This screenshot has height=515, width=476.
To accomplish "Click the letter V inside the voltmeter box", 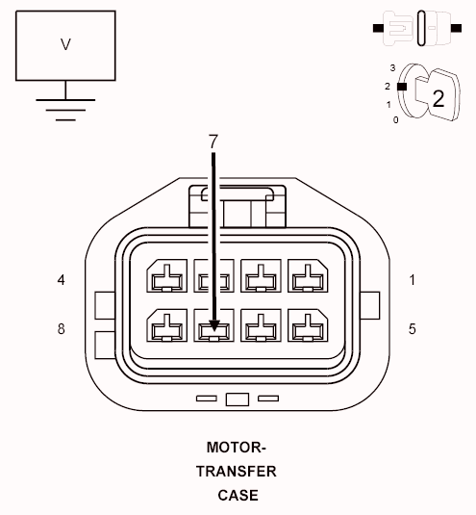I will [x=65, y=44].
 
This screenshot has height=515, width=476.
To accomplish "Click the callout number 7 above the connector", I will [x=213, y=141].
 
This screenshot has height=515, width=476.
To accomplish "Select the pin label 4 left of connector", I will [x=62, y=280].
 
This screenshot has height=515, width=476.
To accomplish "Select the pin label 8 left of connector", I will [x=62, y=328].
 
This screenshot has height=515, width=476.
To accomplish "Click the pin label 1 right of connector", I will [x=412, y=280].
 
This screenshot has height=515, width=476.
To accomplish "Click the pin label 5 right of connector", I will [x=412, y=328].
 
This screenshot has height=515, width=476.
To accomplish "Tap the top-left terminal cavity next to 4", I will [x=164, y=278].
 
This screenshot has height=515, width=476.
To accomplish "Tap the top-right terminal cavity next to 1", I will [x=307, y=278].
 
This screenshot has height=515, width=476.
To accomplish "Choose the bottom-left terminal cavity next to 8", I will [x=164, y=326].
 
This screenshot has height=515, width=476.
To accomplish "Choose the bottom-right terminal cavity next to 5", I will [x=307, y=326].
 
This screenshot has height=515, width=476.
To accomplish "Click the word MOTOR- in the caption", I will [x=236, y=448].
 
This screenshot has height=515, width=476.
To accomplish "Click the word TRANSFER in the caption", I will [x=236, y=472].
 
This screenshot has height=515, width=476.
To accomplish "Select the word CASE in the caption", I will [x=236, y=496].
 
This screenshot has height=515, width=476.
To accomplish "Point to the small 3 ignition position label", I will [x=393, y=67].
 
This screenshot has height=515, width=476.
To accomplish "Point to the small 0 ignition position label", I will [x=395, y=119].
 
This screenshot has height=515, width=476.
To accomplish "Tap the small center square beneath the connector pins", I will [x=236, y=399].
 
